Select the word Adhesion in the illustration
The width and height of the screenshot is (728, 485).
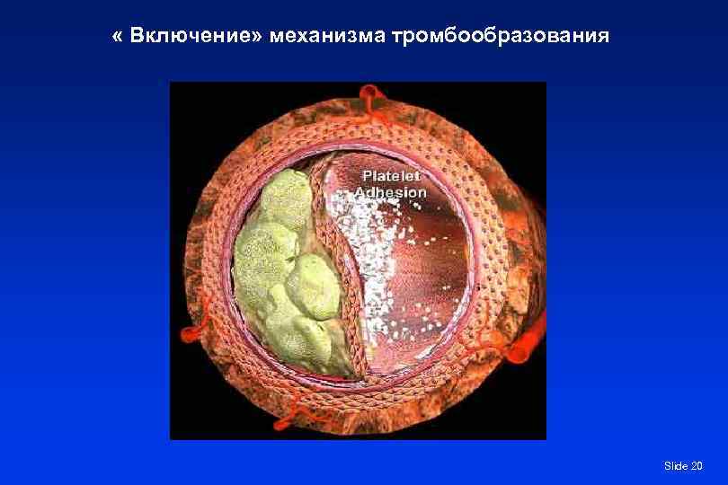390,192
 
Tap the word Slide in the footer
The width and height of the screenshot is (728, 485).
675,465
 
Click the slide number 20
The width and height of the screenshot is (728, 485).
697,465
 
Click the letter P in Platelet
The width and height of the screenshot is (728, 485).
365,176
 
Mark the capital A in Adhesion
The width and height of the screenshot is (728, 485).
360,192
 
